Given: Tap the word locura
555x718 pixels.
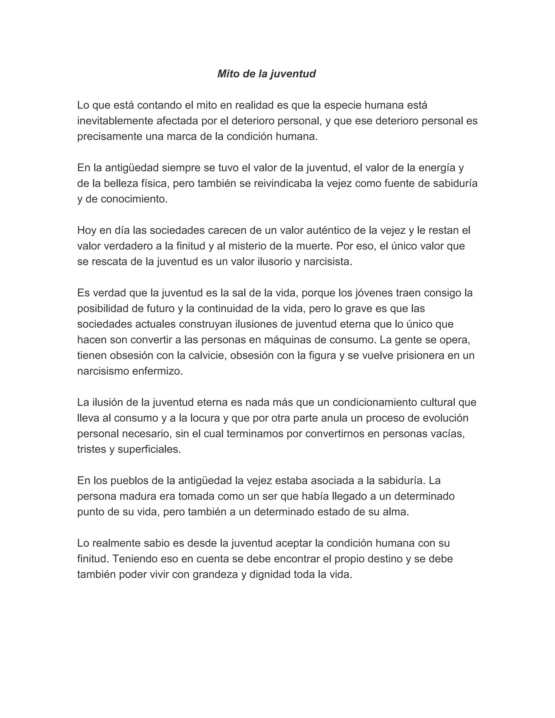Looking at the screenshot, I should click(x=204, y=418).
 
